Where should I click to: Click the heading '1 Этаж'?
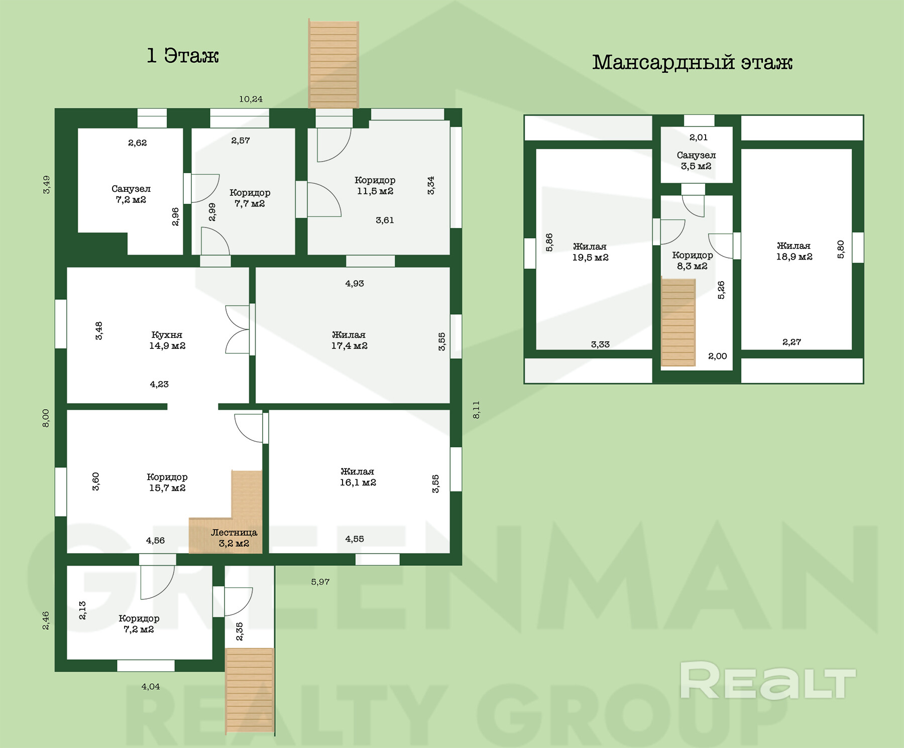click(x=182, y=56)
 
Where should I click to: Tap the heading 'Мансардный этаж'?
click(x=692, y=62)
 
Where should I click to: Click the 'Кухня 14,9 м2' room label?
click(x=167, y=340)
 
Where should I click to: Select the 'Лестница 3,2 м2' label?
click(x=234, y=538)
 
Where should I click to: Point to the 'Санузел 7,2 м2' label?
click(x=131, y=194)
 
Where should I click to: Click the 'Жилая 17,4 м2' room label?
click(x=349, y=340)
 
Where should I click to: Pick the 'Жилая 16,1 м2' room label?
click(x=358, y=477)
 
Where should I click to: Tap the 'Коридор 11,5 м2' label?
click(x=375, y=185)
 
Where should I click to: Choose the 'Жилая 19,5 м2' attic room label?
click(x=590, y=252)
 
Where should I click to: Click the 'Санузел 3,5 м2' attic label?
click(x=696, y=161)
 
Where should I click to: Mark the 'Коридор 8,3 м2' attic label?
click(x=693, y=261)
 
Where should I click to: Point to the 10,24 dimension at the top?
click(x=251, y=99)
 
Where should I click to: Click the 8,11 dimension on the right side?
click(x=477, y=410)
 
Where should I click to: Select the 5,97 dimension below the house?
click(x=320, y=582)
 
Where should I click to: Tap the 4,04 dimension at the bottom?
click(x=151, y=686)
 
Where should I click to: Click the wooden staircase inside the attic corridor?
click(x=679, y=322)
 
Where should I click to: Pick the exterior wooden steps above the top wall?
click(x=333, y=64)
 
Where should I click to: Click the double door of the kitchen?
click(x=238, y=329)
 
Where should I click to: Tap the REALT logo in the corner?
click(x=768, y=681)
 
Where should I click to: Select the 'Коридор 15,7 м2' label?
click(x=167, y=482)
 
